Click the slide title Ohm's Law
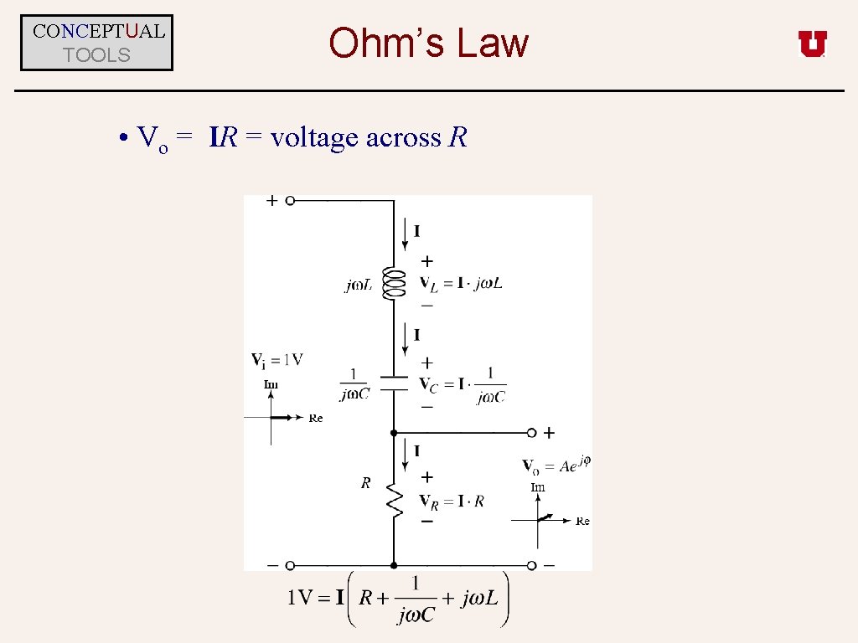click(428, 43)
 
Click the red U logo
click(812, 44)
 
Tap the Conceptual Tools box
click(97, 43)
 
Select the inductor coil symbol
click(393, 284)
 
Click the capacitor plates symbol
click(393, 383)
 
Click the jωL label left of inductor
click(359, 285)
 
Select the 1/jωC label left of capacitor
click(354, 384)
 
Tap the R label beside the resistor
click(365, 483)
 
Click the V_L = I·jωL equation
click(461, 283)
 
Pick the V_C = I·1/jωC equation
click(463, 385)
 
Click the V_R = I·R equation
click(452, 502)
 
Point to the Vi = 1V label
click(277, 360)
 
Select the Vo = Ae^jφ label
click(556, 466)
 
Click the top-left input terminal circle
click(290, 201)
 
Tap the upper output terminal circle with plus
click(531, 433)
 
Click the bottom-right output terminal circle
click(531, 566)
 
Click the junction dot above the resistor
click(393, 433)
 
